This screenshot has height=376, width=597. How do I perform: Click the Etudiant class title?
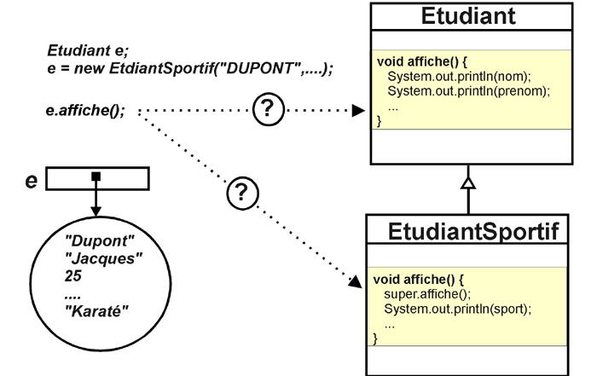[x=468, y=16]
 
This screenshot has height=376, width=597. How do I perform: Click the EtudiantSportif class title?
[x=473, y=231]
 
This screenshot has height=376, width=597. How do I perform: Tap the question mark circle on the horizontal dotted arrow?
[x=269, y=109]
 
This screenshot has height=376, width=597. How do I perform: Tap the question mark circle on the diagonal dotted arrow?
[x=242, y=193]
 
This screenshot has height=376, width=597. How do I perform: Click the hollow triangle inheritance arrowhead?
[x=468, y=182]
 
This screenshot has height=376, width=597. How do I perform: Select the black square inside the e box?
[x=96, y=176]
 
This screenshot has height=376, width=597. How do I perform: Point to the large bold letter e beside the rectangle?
[x=32, y=181]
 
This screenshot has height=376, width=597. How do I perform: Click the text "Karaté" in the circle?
[x=96, y=311]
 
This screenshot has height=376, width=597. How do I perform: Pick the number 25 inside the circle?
[x=73, y=276]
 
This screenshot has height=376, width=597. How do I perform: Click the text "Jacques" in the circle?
[x=103, y=259]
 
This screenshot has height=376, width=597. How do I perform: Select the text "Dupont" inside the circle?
[x=100, y=241]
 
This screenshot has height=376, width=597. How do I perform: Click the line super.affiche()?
[x=427, y=294]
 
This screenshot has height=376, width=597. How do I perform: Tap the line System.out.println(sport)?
[x=457, y=309]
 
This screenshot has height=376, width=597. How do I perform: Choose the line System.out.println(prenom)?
[x=469, y=91]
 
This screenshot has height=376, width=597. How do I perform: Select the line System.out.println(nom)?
[x=459, y=76]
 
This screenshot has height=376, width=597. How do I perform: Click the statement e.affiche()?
[x=85, y=110]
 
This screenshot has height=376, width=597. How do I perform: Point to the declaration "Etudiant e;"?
[x=88, y=50]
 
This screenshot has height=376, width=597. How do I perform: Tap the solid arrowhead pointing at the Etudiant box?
[x=358, y=111]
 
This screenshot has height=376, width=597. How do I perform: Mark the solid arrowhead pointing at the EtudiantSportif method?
[x=356, y=281]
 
